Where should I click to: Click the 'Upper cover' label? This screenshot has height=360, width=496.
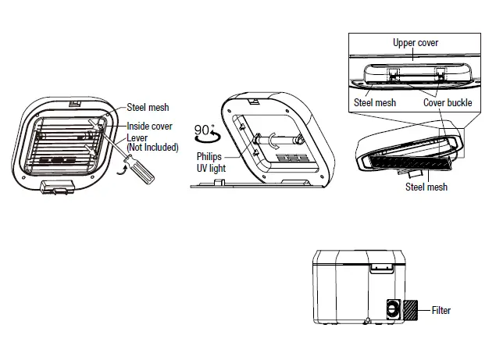(415, 42)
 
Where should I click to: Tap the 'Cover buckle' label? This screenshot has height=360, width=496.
(448, 102)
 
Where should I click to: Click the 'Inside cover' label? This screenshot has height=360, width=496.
(151, 126)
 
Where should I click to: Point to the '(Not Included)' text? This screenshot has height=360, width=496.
(152, 147)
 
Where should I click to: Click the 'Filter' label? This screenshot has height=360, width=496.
(441, 310)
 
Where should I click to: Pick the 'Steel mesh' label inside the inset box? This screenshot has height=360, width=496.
(375, 102)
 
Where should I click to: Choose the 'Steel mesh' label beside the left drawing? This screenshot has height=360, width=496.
(148, 108)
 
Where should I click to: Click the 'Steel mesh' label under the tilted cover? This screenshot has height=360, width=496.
(426, 187)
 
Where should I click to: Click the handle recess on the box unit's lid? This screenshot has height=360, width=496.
(382, 268)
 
